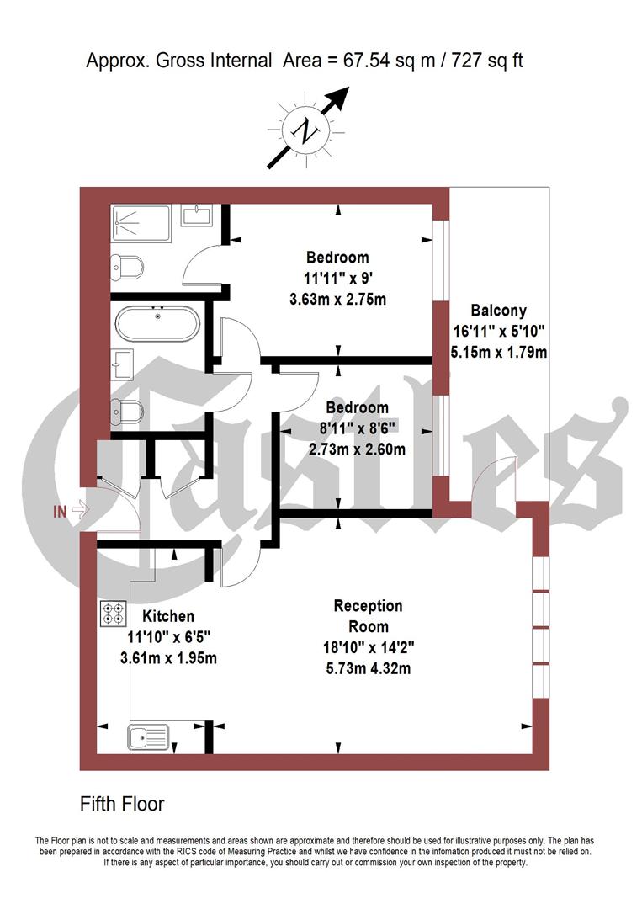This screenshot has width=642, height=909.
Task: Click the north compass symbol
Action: [305, 130]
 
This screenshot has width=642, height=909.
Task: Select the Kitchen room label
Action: [168, 616]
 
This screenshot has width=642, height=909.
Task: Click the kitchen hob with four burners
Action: [114, 613]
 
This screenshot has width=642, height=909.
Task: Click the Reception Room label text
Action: [368, 615]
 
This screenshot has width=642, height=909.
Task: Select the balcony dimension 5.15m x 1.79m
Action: [499, 353]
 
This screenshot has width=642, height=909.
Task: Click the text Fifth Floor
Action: [122, 804]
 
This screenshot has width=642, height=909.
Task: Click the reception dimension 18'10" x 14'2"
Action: [368, 648]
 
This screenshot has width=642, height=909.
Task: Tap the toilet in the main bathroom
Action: [130, 411]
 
